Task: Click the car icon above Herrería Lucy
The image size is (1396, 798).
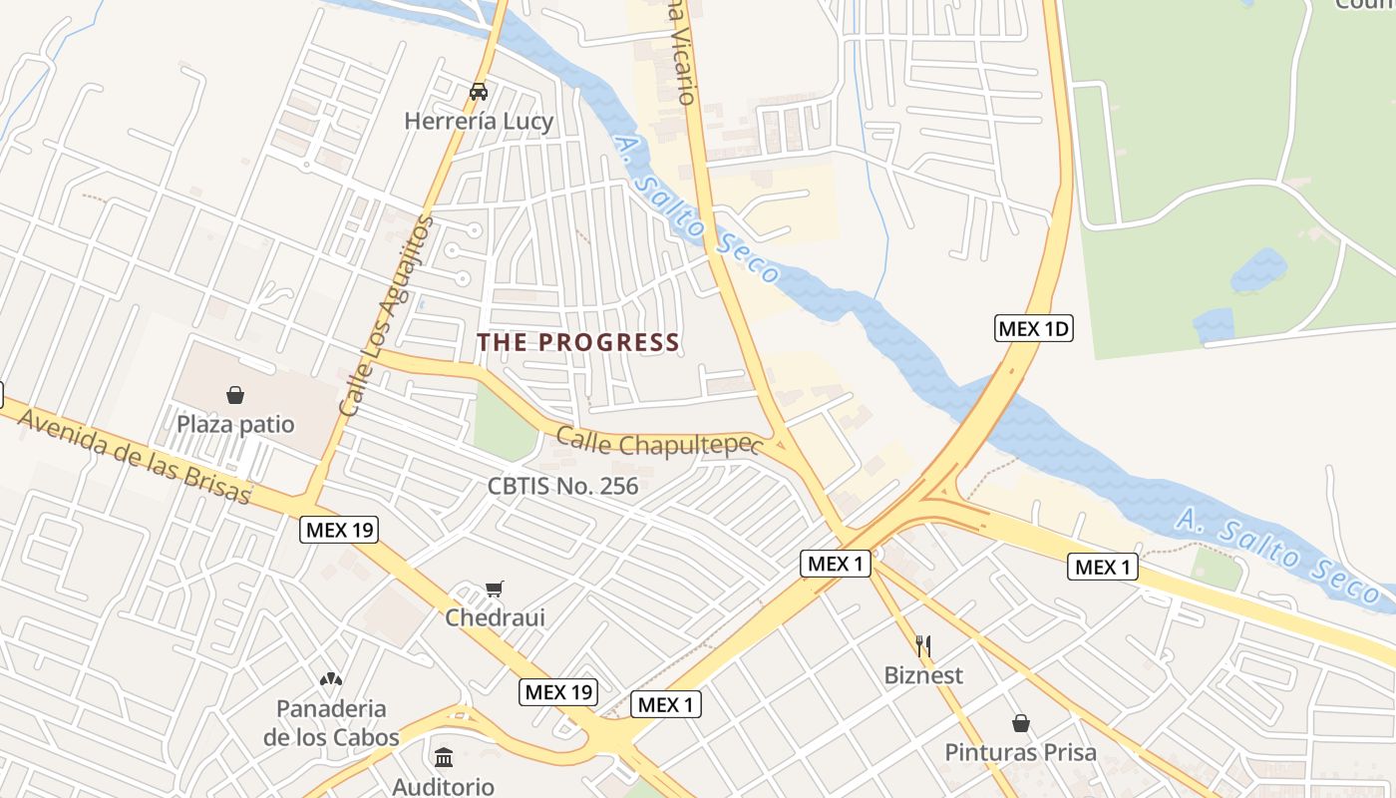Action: click(x=479, y=92)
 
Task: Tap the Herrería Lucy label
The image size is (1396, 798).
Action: click(x=479, y=122)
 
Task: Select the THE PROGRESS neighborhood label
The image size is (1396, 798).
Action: click(x=578, y=342)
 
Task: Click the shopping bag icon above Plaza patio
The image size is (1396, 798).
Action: click(x=235, y=395)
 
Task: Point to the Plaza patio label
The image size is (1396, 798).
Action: click(x=235, y=425)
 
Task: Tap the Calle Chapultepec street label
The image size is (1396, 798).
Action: click(x=658, y=443)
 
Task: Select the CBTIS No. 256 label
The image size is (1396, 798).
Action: click(x=562, y=487)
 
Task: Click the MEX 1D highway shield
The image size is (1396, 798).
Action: click(x=1033, y=328)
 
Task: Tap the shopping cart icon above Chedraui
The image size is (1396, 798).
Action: click(x=495, y=589)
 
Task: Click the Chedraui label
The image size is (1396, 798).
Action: click(x=495, y=617)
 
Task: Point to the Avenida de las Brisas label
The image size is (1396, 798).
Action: click(x=135, y=457)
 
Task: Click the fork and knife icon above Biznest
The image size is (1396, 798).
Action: click(x=923, y=646)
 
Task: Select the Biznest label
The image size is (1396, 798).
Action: click(x=923, y=675)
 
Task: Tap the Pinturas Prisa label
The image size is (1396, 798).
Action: click(x=1021, y=752)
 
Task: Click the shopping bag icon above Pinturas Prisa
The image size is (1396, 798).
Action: click(x=1021, y=722)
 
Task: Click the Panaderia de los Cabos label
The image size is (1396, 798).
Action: click(x=331, y=723)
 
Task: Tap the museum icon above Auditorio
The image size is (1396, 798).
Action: click(x=444, y=757)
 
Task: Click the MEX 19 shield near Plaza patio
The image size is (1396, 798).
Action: click(x=339, y=530)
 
